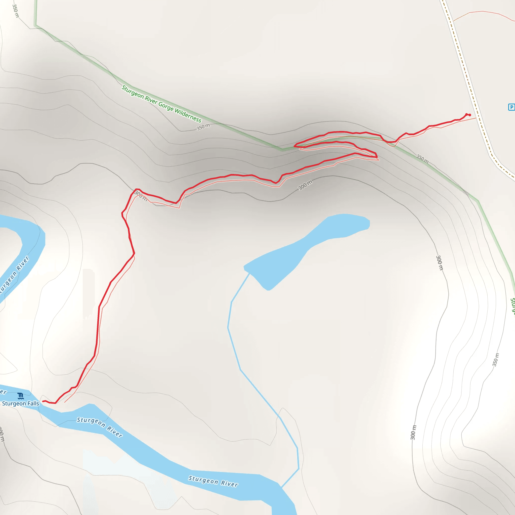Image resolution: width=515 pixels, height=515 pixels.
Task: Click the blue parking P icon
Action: coord(511,107)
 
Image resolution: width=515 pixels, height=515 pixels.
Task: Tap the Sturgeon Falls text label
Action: coord(21,403)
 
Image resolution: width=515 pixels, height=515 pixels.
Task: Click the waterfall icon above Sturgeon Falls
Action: coord(20,396)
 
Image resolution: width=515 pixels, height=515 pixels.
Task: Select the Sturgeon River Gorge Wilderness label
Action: coord(161,104)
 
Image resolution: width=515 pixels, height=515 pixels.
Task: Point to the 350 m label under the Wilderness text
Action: coord(203,127)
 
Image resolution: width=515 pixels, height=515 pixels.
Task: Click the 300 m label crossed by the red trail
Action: coord(141,196)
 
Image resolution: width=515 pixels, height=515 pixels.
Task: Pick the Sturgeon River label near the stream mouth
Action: coord(213,481)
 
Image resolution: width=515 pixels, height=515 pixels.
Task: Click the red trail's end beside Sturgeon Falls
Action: coord(43,401)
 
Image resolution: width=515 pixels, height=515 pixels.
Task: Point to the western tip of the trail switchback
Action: coord(294,146)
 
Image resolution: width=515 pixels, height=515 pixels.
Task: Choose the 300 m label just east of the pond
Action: coord(439,263)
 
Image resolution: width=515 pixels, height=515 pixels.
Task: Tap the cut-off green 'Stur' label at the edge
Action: coord(512,305)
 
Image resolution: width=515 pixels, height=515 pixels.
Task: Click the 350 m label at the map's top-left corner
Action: coord(15,11)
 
